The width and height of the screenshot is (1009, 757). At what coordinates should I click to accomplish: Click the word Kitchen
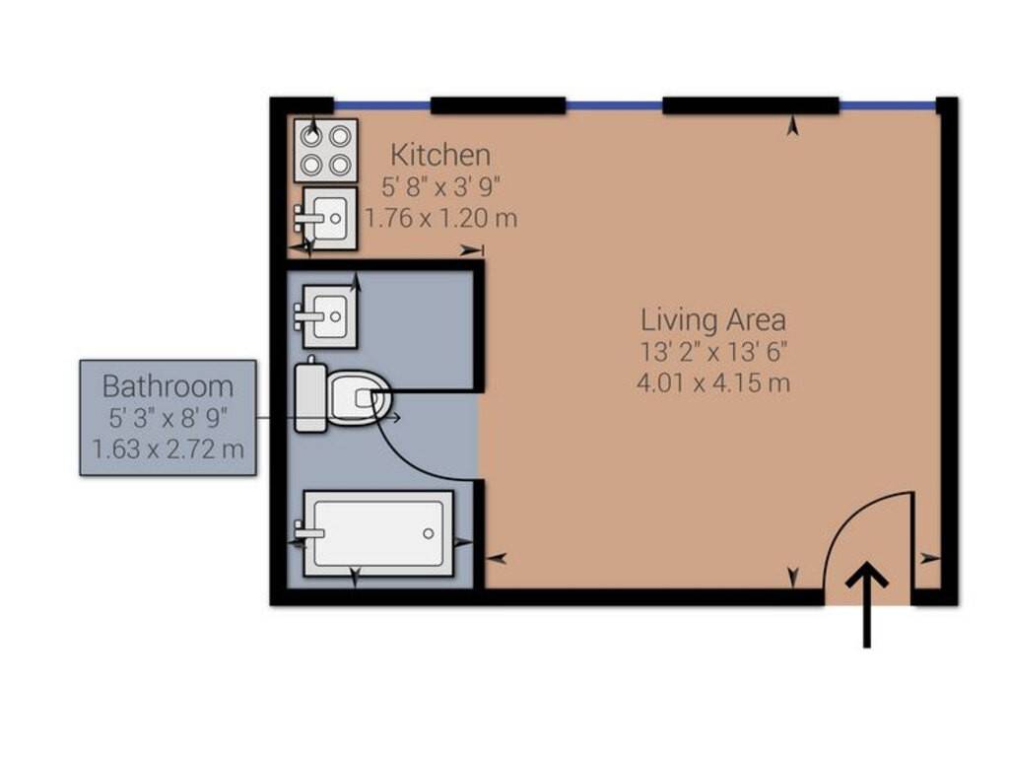(440, 155)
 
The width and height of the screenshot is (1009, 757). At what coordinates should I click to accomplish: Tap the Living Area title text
(713, 320)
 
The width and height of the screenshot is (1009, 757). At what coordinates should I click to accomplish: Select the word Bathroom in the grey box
(168, 386)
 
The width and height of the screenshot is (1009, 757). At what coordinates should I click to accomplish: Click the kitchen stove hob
(325, 150)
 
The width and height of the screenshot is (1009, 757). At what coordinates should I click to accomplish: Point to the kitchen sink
(329, 218)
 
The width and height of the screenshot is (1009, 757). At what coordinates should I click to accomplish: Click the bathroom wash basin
(329, 316)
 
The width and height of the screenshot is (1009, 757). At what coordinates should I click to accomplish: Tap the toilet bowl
(358, 397)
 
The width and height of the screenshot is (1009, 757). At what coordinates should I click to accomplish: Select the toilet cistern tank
(310, 397)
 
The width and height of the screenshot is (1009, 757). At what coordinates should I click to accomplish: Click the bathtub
(378, 533)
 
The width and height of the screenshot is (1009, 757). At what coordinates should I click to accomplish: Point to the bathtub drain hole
(429, 533)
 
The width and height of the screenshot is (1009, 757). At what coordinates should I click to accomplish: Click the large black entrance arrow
(867, 605)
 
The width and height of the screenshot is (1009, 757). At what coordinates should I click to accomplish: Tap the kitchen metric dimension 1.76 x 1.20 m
(441, 218)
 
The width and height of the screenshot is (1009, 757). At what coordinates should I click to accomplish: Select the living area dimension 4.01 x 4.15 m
(713, 383)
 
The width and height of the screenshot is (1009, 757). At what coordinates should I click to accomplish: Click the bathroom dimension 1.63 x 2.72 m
(168, 448)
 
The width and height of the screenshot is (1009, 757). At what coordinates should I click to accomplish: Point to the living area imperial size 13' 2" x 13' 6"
(713, 352)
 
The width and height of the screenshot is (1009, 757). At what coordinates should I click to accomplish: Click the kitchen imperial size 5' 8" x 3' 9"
(440, 187)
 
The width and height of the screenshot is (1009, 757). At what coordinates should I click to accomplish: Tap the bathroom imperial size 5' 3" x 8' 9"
(168, 418)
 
